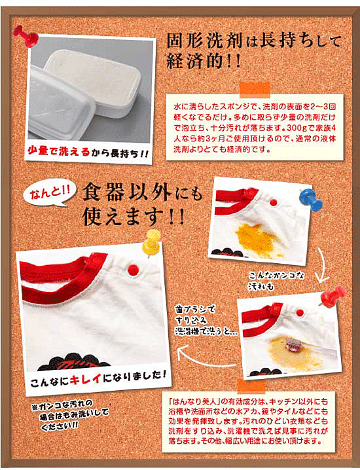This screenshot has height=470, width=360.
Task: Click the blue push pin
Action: click(310, 198)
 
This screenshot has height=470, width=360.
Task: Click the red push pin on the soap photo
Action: click(25, 36)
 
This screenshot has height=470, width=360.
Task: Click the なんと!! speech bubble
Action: click(49, 195)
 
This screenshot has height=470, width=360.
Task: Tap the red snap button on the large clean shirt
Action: click(132, 270)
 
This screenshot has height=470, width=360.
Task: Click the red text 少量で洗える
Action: click(59, 151)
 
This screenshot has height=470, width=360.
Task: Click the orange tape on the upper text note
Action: click(255, 90)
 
